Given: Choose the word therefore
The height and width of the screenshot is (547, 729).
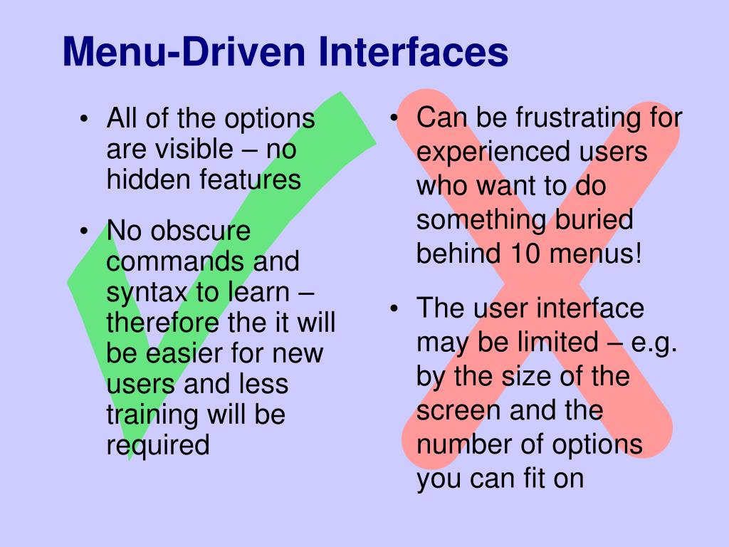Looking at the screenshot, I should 162,323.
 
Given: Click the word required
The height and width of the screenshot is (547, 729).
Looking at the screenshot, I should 158,445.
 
